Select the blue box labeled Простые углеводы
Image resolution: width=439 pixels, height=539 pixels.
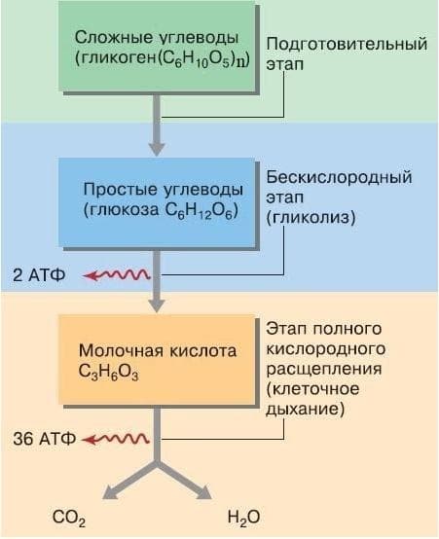coord(158,200)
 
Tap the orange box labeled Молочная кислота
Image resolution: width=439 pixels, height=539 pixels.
coord(157,359)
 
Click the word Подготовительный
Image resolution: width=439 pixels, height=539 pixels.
coord(347,45)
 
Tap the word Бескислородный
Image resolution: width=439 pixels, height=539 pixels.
coord(338,178)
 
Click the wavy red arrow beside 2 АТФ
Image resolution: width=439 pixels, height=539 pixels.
coord(115,275)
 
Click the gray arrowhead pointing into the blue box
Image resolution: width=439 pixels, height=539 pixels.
coord(156,148)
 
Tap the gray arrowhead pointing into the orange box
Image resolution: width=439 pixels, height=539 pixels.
coord(156,306)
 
